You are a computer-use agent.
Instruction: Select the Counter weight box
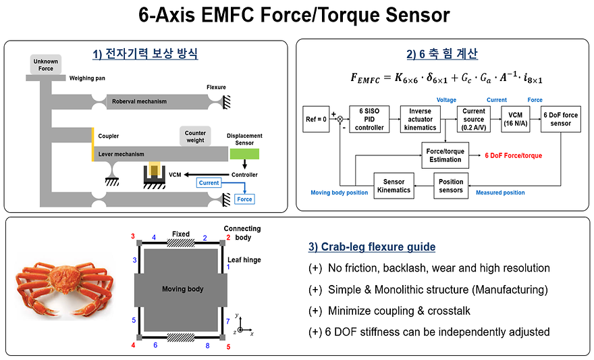195,137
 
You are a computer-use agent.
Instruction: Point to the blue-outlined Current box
209,183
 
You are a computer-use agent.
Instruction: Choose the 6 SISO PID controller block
369,118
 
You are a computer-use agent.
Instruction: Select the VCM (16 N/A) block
515,118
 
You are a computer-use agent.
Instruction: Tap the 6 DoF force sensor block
560,118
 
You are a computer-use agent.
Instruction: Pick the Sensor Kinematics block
393,186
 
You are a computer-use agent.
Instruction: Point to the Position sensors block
451,186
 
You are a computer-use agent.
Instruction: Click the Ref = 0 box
317,119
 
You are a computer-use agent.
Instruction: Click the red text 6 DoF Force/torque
513,156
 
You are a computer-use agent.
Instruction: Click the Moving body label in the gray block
182,289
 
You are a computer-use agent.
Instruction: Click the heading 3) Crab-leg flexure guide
372,247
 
